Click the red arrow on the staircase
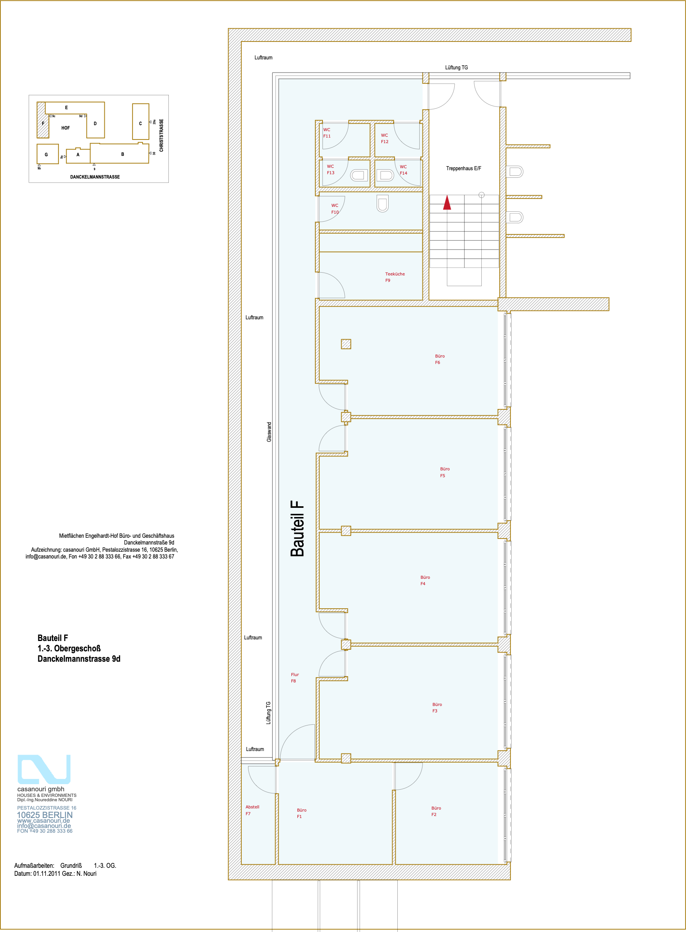pyautogui.click(x=447, y=203)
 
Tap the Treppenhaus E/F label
pyautogui.click(x=463, y=168)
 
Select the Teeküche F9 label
pyautogui.click(x=395, y=277)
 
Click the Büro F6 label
pyautogui.click(x=440, y=359)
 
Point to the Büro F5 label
pyautogui.click(x=445, y=472)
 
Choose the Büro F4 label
pyautogui.click(x=425, y=580)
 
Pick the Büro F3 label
pyautogui.click(x=437, y=708)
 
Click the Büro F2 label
pyautogui.click(x=436, y=811)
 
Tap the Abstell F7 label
pyautogui.click(x=252, y=810)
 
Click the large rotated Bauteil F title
pyautogui.click(x=297, y=528)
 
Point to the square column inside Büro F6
pyautogui.click(x=346, y=344)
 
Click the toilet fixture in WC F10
pyautogui.click(x=383, y=204)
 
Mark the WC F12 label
pyautogui.click(x=385, y=138)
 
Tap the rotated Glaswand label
pyautogui.click(x=269, y=431)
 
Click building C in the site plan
pyautogui.click(x=141, y=122)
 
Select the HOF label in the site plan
pyautogui.click(x=66, y=128)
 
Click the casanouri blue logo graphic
pyautogui.click(x=44, y=769)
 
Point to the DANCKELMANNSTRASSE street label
pyautogui.click(x=95, y=177)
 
